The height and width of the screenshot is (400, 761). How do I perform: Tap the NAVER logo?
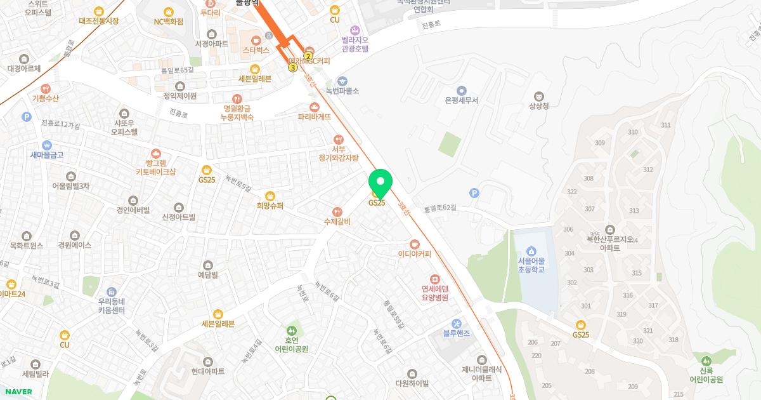(18, 392)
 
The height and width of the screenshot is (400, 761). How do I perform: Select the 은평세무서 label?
(461, 100)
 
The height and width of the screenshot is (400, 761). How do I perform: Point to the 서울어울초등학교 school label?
(531, 265)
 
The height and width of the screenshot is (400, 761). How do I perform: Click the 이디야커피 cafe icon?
(414, 244)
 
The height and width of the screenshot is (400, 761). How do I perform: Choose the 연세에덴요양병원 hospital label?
(435, 293)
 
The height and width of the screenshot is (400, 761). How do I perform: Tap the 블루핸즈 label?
(457, 333)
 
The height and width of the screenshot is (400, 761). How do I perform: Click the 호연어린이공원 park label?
(291, 345)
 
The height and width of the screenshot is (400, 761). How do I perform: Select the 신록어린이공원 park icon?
(706, 361)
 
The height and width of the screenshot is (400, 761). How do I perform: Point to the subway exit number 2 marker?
(308, 56)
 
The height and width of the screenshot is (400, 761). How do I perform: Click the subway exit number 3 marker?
(293, 67)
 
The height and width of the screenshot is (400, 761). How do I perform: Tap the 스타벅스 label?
(256, 50)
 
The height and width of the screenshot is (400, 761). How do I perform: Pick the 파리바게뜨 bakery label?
(314, 117)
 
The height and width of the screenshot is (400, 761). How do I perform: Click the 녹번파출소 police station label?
(342, 91)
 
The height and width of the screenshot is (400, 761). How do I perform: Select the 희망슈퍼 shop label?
(270, 206)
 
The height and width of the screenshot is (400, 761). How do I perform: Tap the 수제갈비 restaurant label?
(337, 222)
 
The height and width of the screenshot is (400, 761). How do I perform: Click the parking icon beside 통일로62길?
(474, 193)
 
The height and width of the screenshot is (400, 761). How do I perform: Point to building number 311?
(665, 125)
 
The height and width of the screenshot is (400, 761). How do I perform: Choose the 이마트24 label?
(12, 294)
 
